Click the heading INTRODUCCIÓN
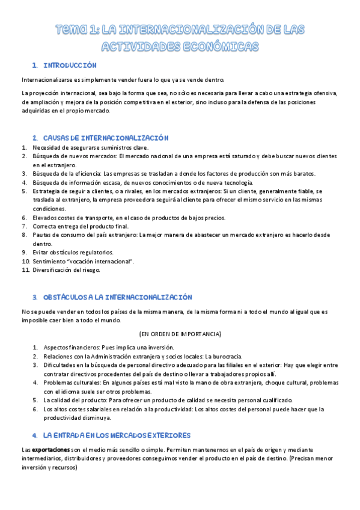click(x=70, y=65)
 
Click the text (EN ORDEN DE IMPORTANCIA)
click(x=180, y=334)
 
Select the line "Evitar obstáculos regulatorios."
click(x=73, y=253)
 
